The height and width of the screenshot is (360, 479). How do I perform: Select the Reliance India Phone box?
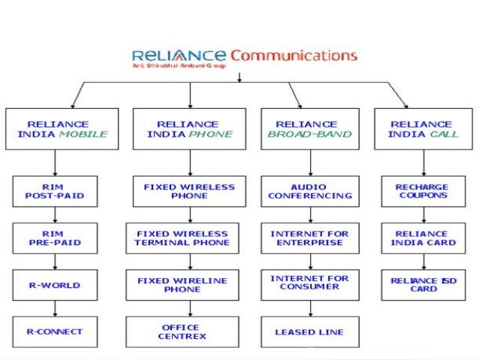(x=190, y=129)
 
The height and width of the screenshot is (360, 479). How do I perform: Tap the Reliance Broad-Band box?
(x=309, y=129)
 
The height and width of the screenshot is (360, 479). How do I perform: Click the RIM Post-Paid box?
(x=55, y=191)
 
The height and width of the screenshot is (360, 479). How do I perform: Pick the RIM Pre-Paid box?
(x=55, y=238)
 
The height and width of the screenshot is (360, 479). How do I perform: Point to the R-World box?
(x=55, y=285)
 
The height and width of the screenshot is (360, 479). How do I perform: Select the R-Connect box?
(x=55, y=331)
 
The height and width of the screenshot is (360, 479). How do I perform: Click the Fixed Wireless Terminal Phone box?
(x=182, y=238)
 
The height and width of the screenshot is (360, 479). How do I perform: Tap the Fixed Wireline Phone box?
(x=182, y=285)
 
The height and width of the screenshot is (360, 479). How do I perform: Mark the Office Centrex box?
(x=182, y=331)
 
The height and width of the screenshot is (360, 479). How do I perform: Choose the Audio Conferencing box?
(x=309, y=191)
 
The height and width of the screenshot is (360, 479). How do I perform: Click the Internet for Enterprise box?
(x=309, y=238)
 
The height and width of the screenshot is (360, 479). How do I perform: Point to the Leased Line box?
(x=309, y=331)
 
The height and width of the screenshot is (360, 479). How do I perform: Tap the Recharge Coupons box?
(x=423, y=191)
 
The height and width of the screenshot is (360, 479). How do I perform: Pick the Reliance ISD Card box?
(x=423, y=284)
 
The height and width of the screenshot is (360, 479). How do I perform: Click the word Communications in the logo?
(x=294, y=56)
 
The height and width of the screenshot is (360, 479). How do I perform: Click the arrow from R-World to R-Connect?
(x=55, y=308)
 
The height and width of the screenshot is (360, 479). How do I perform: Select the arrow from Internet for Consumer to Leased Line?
(x=309, y=307)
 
